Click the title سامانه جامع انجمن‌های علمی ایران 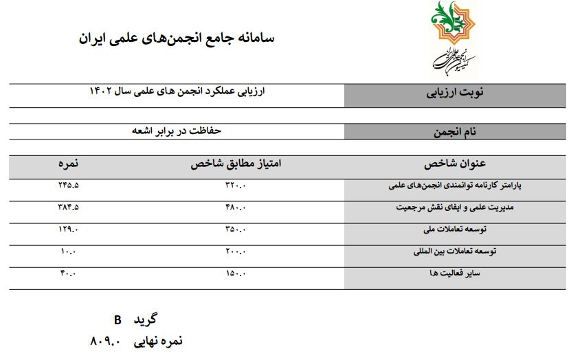pos(177,38)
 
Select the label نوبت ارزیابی pos(457,95)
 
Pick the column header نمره pos(68,165)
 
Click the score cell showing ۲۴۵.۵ pos(68,185)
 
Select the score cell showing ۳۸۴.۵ pos(68,206)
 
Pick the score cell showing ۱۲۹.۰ pos(69,228)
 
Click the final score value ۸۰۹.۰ pos(106,341)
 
